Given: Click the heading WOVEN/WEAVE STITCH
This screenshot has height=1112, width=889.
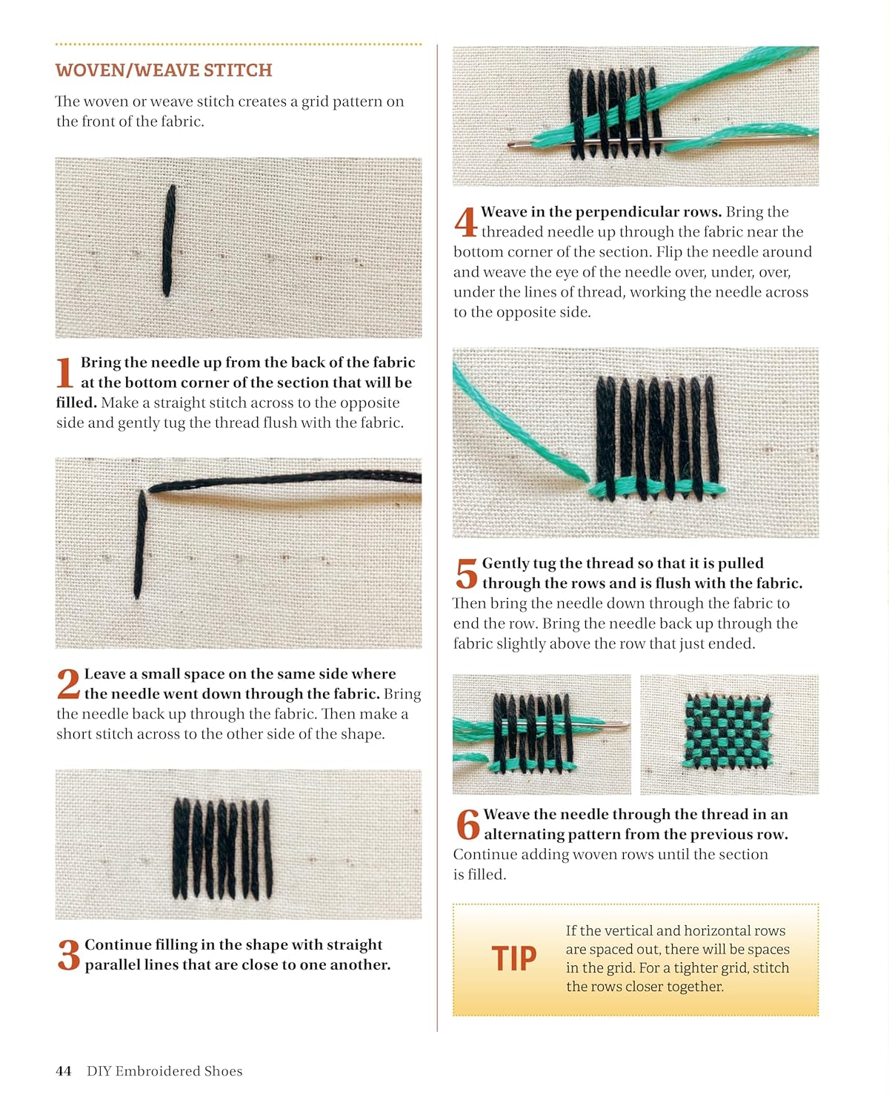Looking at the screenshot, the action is tap(163, 70).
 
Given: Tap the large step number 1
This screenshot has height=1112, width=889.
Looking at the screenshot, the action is tap(64, 372).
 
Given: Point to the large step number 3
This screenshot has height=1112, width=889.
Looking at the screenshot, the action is tap(69, 954).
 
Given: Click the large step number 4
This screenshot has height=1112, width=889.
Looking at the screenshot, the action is tap(465, 222).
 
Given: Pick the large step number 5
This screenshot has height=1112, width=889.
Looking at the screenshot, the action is tap(466, 573).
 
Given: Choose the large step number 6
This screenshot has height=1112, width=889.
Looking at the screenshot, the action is tap(467, 824).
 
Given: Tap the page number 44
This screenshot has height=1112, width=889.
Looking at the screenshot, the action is tap(63, 1070).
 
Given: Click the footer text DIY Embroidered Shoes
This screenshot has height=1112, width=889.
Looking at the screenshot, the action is tap(164, 1070).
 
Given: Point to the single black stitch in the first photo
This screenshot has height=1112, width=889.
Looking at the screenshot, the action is tap(169, 241).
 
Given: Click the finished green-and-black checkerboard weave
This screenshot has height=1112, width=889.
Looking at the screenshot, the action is tap(727, 731).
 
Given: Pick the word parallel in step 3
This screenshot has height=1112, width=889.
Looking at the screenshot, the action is tap(112, 964).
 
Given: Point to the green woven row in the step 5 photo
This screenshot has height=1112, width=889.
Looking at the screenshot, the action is tap(657, 487).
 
